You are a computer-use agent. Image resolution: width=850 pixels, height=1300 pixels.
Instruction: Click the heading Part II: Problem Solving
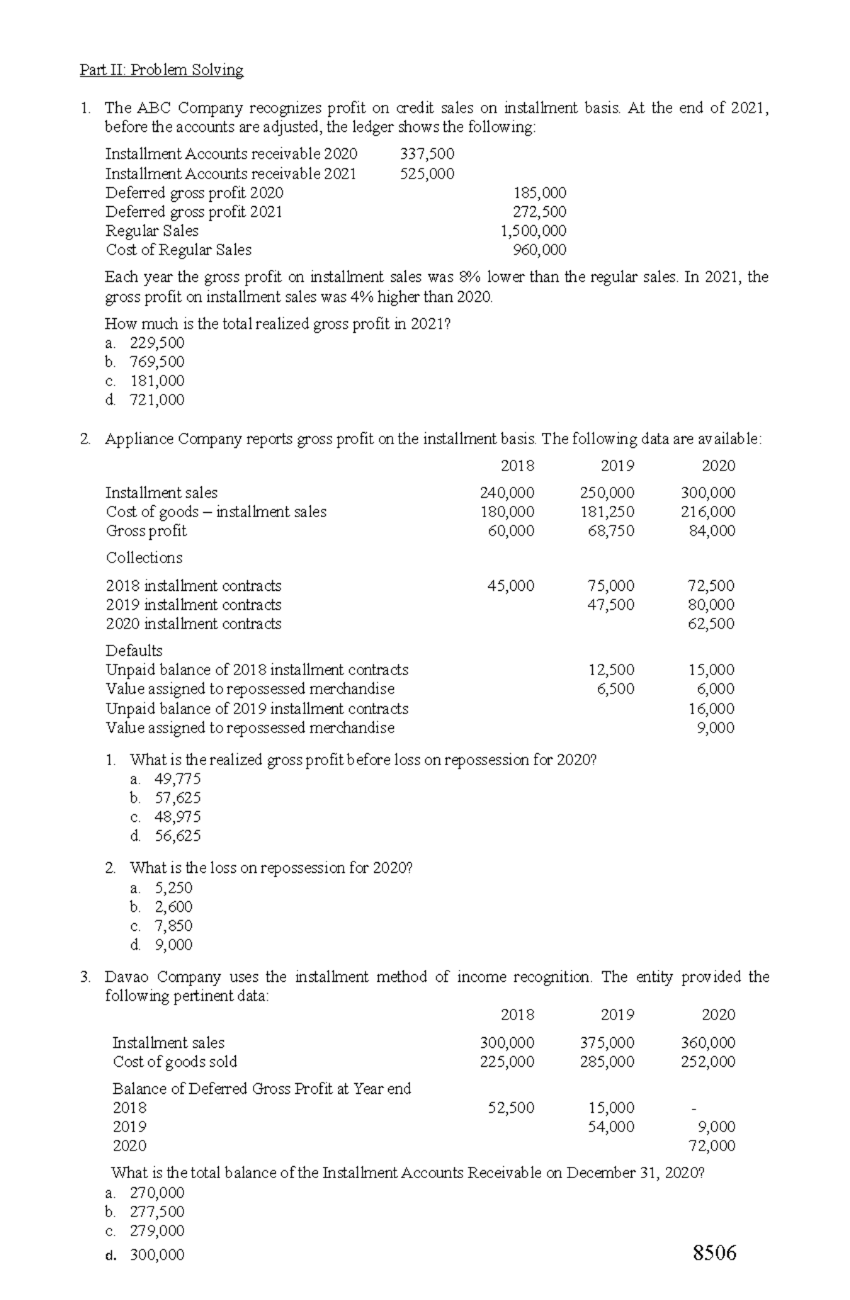(x=161, y=70)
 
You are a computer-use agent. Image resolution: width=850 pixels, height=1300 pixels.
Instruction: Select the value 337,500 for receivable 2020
(x=427, y=154)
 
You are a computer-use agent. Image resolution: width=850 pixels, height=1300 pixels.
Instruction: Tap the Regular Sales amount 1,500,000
(x=533, y=230)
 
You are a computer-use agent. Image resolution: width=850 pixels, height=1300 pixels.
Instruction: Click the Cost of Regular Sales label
(x=178, y=249)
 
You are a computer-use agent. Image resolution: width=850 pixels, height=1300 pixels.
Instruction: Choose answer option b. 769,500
(x=145, y=362)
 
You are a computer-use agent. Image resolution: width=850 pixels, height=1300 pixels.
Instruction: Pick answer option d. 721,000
(x=145, y=400)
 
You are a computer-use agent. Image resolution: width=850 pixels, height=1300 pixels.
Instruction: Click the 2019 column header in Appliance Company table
(x=617, y=466)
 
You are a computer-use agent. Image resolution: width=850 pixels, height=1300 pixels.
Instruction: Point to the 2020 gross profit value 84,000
(x=712, y=531)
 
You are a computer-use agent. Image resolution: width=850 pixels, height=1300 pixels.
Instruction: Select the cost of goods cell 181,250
(x=607, y=511)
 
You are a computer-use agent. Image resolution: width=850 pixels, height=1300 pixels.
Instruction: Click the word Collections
(x=144, y=558)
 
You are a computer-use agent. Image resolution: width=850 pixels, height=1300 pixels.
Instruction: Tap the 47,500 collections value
(x=611, y=604)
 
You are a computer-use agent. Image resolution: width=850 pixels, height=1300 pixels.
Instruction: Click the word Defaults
(x=134, y=650)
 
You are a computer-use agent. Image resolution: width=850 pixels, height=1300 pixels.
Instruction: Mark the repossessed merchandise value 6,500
(x=616, y=689)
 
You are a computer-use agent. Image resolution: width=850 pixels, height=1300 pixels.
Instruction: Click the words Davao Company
(x=163, y=977)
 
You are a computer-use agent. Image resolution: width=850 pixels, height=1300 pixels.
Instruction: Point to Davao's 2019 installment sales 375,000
(x=607, y=1043)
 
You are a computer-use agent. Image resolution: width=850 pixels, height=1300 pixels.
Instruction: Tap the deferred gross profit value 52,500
(x=511, y=1107)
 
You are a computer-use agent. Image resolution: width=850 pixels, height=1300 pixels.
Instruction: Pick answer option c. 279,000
(x=145, y=1231)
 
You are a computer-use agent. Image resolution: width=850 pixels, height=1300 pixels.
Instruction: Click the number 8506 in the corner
(x=715, y=1253)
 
